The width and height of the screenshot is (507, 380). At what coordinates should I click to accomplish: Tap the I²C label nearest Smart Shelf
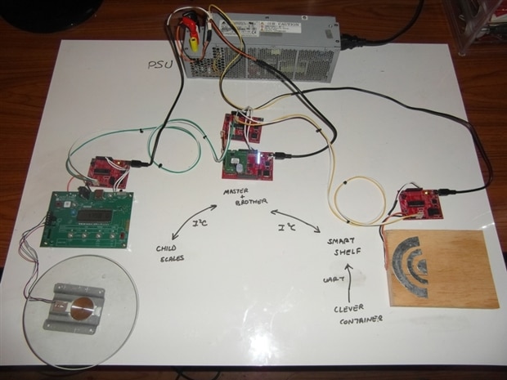pyautogui.click(x=287, y=226)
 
